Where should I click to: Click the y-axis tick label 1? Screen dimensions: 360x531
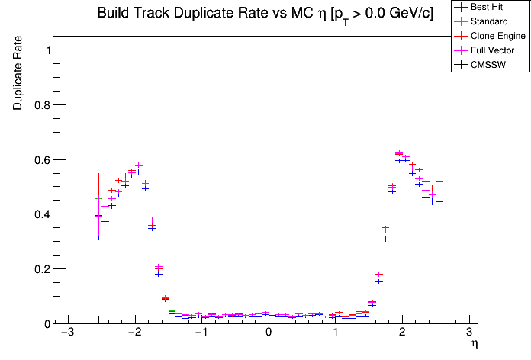44,50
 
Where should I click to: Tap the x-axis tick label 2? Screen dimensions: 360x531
402,333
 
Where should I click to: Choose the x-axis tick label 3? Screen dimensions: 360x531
468,333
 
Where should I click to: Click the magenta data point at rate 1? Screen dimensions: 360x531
92,50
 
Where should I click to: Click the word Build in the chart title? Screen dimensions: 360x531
113,14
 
